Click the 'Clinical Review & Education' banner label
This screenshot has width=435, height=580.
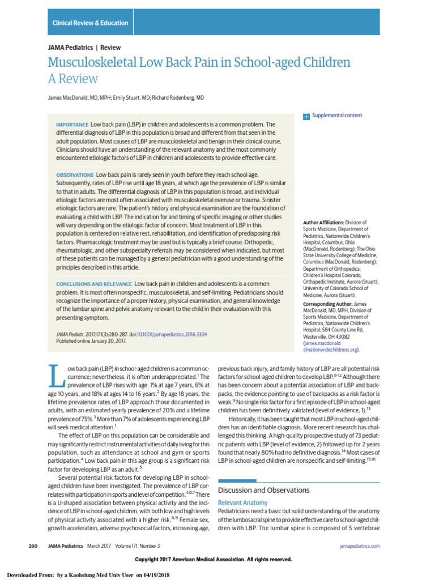[90, 23]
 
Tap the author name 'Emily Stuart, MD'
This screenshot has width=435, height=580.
[131, 98]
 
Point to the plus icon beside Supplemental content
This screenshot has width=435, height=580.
[306, 116]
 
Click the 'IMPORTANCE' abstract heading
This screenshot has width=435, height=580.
[72, 125]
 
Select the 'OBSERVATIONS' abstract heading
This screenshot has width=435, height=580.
[75, 176]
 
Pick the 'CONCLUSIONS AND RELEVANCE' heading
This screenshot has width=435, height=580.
[94, 283]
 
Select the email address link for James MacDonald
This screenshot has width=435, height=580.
[331, 347]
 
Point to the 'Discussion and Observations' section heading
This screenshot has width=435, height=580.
[264, 489]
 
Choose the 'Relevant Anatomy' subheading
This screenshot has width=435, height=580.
[243, 503]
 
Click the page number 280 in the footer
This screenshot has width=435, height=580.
[32, 545]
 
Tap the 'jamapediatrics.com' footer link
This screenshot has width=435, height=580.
[360, 545]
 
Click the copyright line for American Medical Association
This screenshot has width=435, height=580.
[214, 560]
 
